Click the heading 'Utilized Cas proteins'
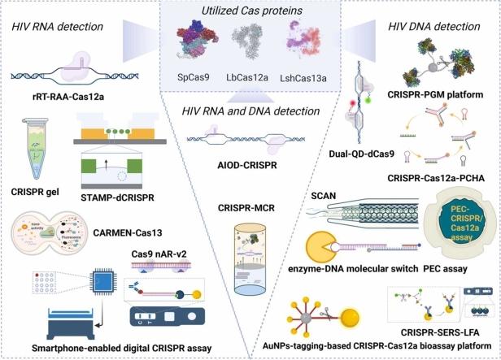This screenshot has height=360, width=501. pyautogui.click(x=250, y=10)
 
